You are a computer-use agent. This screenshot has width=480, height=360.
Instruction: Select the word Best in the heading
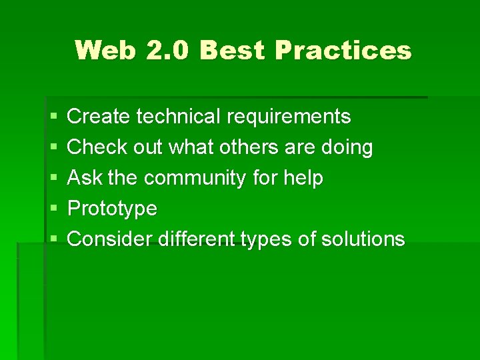231,50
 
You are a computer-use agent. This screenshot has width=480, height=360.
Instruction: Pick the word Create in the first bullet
99,117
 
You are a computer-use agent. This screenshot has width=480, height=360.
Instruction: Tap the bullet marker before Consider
53,239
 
